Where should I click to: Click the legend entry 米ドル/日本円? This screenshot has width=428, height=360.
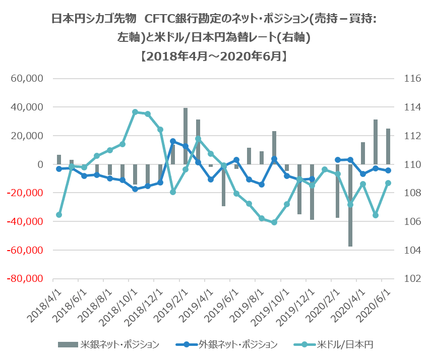click(344, 344)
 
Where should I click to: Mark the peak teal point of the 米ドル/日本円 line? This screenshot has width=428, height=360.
click(135, 112)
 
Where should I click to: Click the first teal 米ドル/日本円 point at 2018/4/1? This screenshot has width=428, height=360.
click(59, 215)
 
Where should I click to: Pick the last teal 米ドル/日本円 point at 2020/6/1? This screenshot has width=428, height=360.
click(388, 183)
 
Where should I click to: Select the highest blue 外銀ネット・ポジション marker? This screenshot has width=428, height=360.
click(173, 141)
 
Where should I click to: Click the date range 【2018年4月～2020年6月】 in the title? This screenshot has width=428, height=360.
click(214, 55)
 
